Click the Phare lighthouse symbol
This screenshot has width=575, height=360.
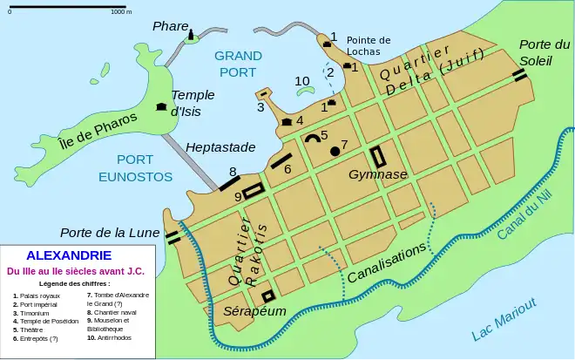pyautogui.click(x=190, y=33)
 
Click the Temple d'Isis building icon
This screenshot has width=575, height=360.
pyautogui.click(x=160, y=106)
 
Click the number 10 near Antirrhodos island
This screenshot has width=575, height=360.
pyautogui.click(x=302, y=81)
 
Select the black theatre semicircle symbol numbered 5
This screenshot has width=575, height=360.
pyautogui.click(x=311, y=137)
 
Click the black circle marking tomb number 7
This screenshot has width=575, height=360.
pyautogui.click(x=335, y=152)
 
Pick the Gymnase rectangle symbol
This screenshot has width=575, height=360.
pyautogui.click(x=379, y=157)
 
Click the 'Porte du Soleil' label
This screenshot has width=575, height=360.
pyautogui.click(x=538, y=52)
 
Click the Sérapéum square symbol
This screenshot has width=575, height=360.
pyautogui.click(x=267, y=295)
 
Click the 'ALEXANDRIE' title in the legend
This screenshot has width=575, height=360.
pyautogui.click(x=69, y=255)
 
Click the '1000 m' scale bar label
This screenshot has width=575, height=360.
pyautogui.click(x=121, y=12)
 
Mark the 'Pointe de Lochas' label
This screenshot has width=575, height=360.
pyautogui.click(x=369, y=46)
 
